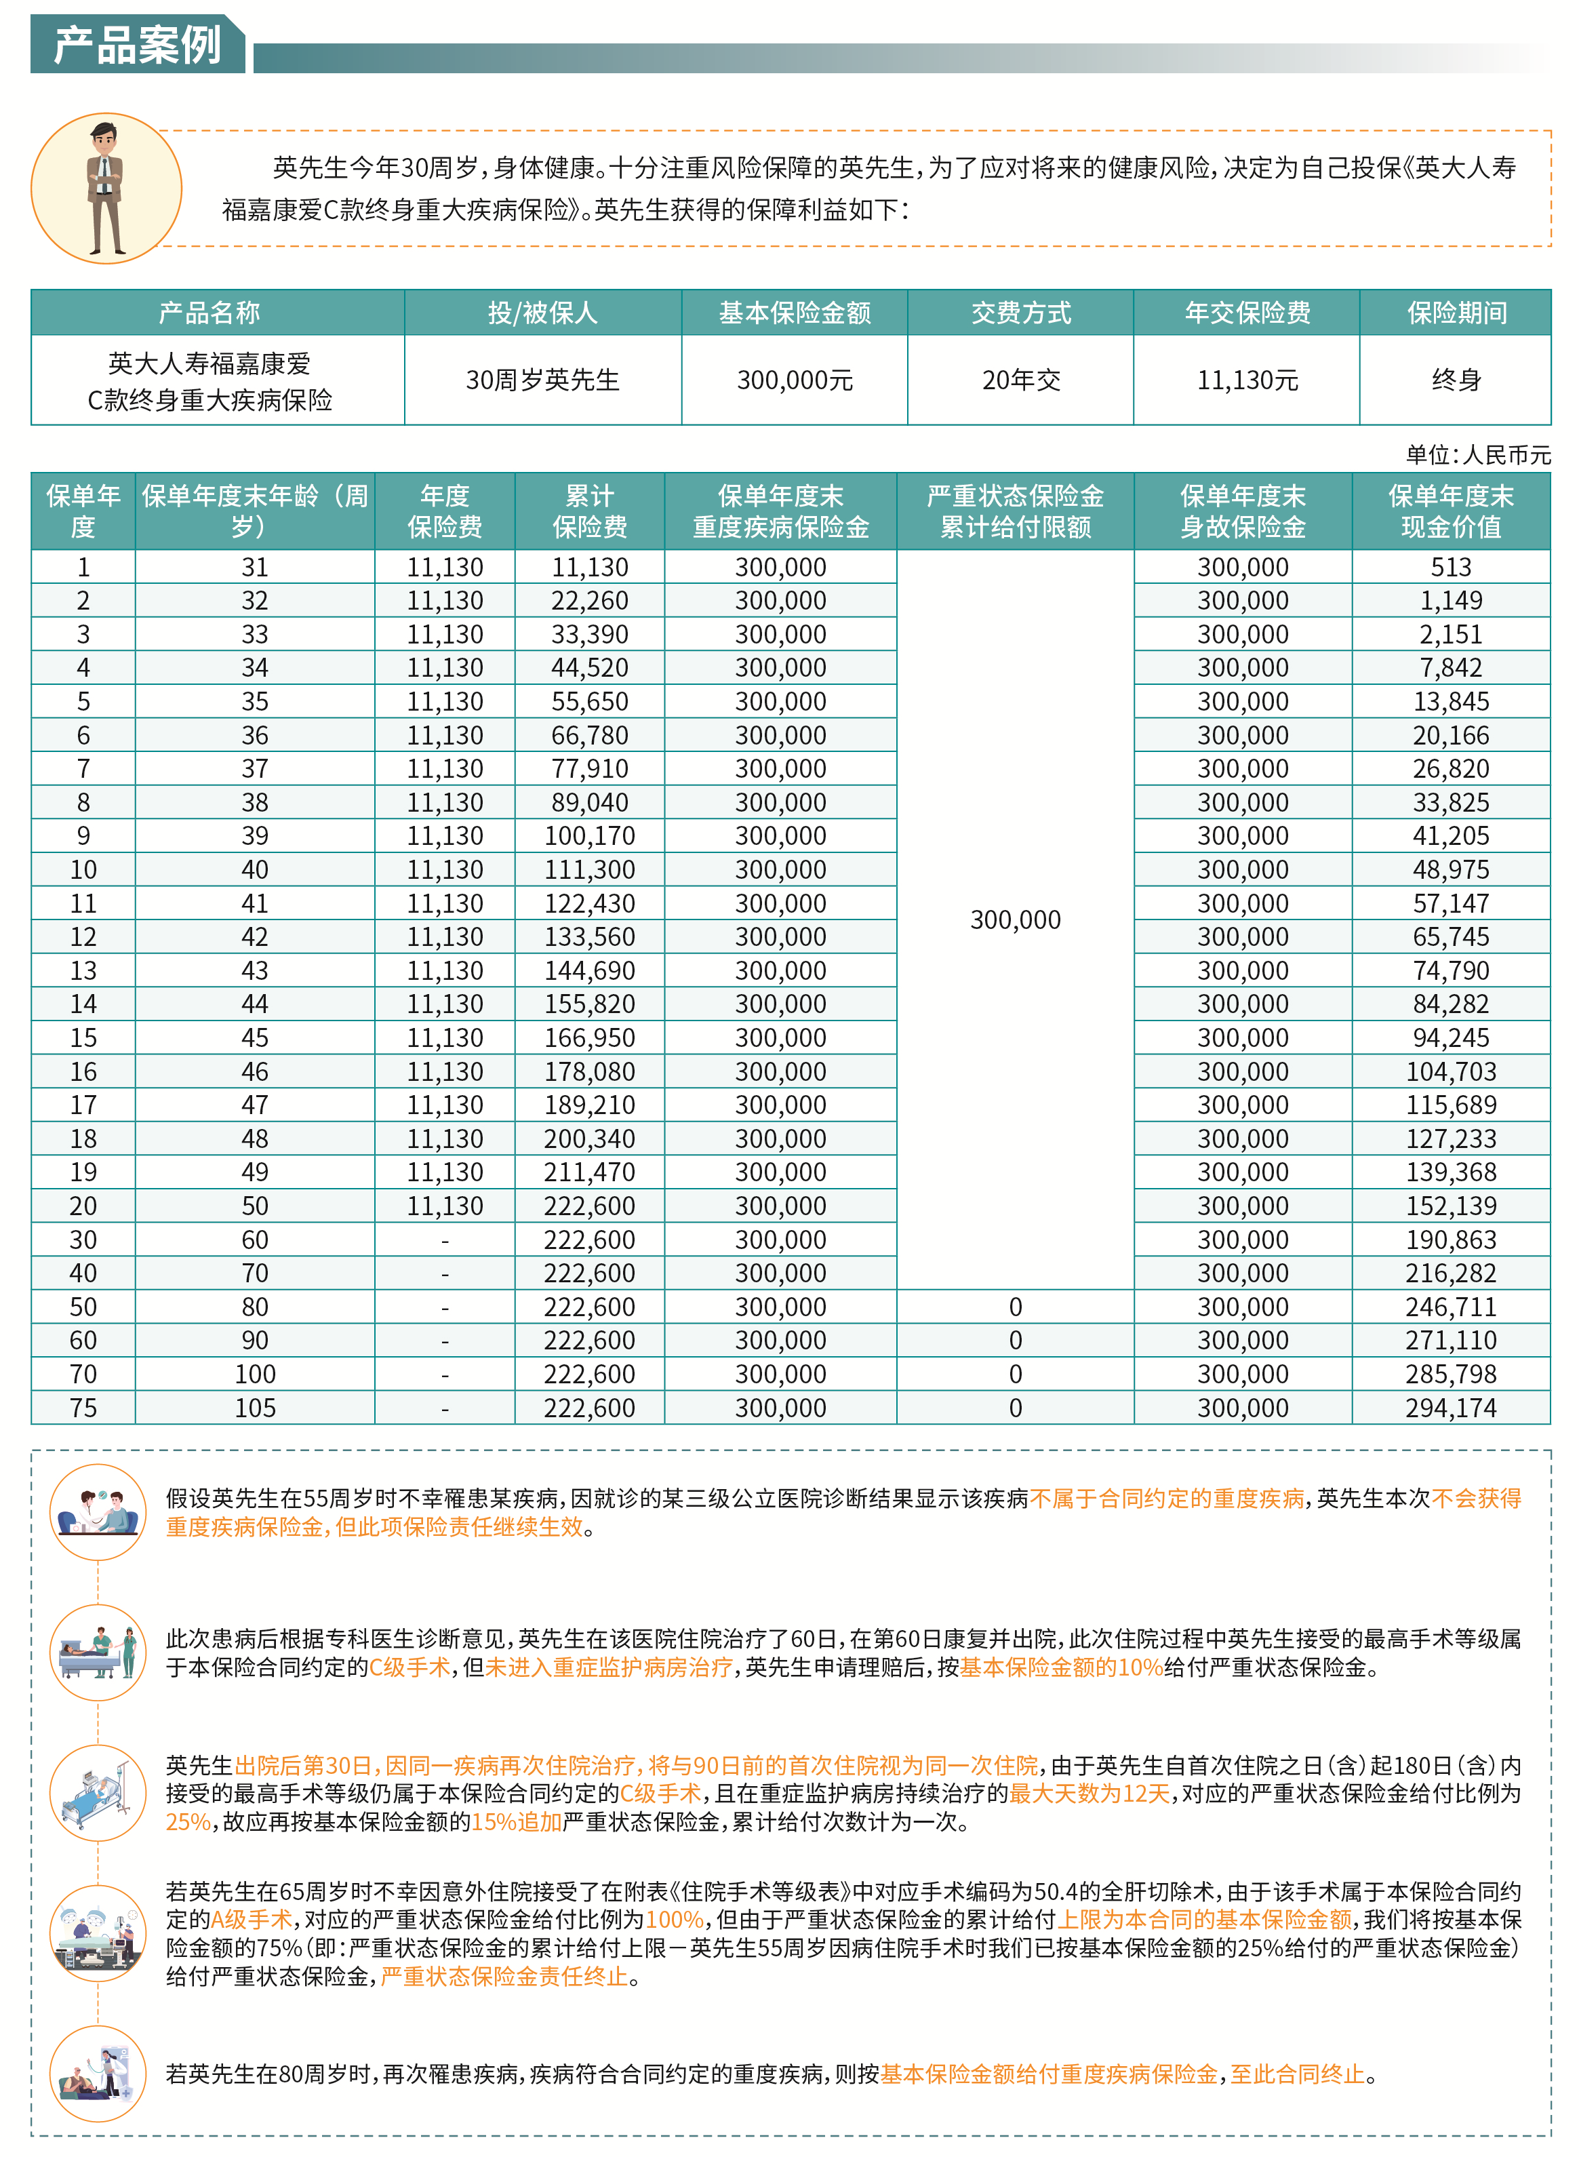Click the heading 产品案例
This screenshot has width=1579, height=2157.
[138, 44]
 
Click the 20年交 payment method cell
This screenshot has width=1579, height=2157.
[1021, 380]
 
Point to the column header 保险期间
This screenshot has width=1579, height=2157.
[1456, 313]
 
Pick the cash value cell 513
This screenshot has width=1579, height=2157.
[1450, 567]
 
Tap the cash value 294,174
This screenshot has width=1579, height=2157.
[1450, 1408]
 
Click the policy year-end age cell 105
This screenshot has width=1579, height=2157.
[254, 1408]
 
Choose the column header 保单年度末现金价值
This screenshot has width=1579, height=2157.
[1450, 511]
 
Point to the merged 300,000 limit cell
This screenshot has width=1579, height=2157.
[1015, 919]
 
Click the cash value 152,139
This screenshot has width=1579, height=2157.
[1450, 1206]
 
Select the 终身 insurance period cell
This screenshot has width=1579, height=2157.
[1456, 380]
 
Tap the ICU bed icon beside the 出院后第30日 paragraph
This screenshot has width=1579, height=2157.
[98, 1794]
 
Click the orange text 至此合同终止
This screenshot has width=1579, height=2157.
[1297, 2074]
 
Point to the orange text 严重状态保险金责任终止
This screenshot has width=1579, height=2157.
[504, 1977]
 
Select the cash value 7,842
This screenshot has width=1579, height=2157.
[1450, 668]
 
